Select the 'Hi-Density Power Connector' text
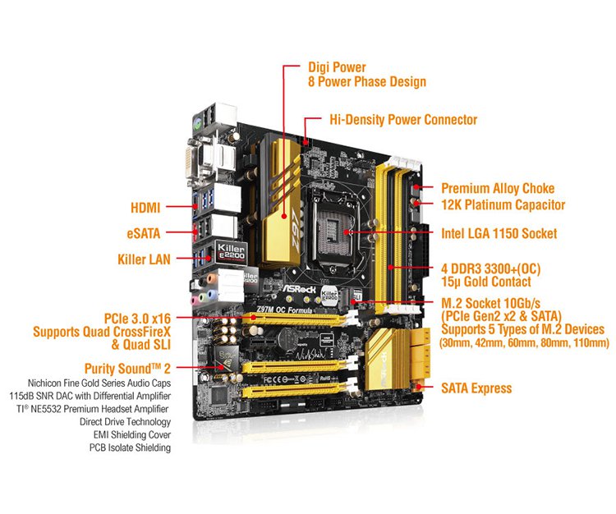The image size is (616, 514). tap(402, 120)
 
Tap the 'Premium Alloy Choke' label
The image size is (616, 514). tap(498, 188)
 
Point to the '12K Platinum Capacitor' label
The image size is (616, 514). tap(503, 204)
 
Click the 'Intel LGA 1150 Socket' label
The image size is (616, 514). tap(499, 234)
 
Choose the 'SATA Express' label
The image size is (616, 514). tap(476, 388)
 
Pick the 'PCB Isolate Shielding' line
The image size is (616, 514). tap(131, 447)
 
